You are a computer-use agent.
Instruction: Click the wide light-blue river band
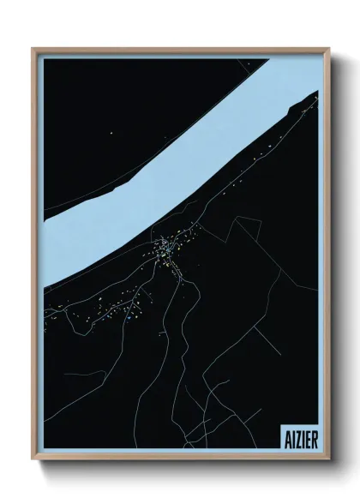point(171,163)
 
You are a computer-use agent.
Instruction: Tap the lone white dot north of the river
point(111,133)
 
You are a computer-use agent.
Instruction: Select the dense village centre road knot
point(163,251)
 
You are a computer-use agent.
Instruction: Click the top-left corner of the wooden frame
point(33,49)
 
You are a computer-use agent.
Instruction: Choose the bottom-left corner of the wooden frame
point(33,460)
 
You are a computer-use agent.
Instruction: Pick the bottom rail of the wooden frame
point(180,458)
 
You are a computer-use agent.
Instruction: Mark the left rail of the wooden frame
point(35,257)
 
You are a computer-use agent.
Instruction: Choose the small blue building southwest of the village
point(127,318)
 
